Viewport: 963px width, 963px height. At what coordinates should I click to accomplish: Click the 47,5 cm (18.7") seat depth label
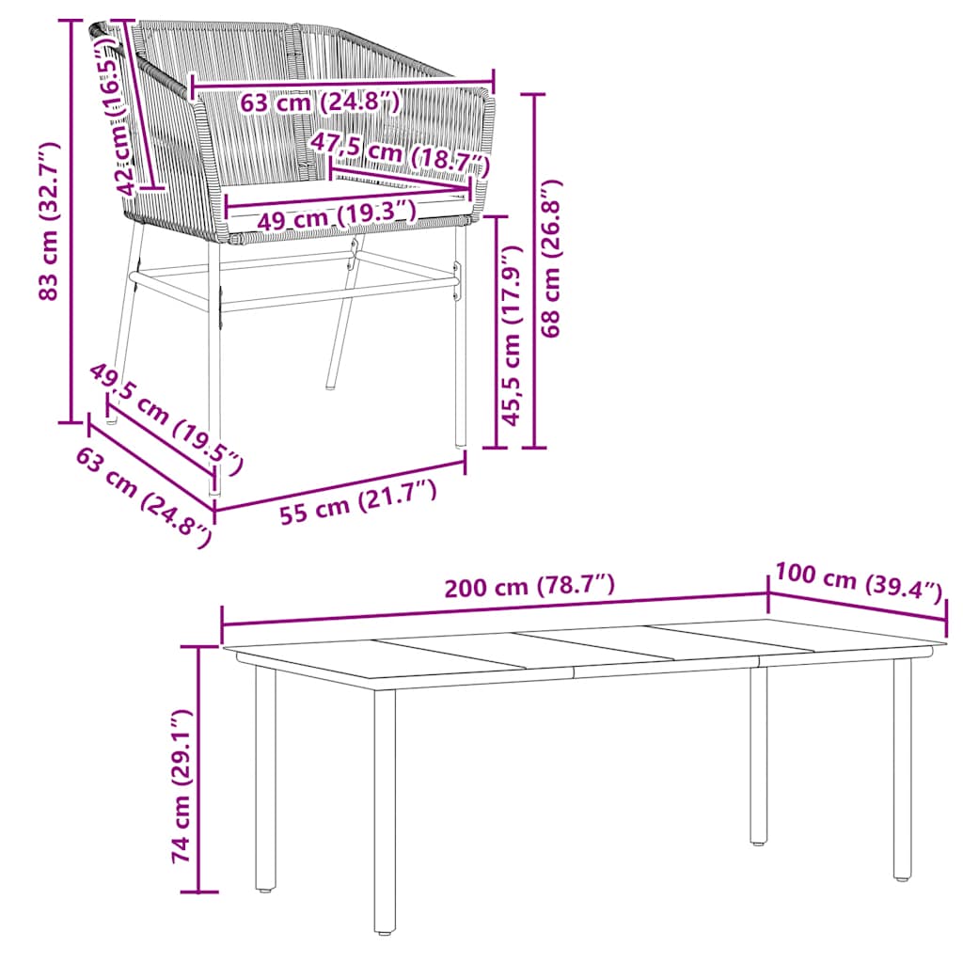coord(400,154)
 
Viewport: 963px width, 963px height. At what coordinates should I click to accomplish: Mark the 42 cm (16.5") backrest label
coord(118,122)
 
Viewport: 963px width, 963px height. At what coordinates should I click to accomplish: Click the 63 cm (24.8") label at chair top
coord(320,101)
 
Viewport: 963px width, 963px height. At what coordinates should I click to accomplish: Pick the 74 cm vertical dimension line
coord(198,768)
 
